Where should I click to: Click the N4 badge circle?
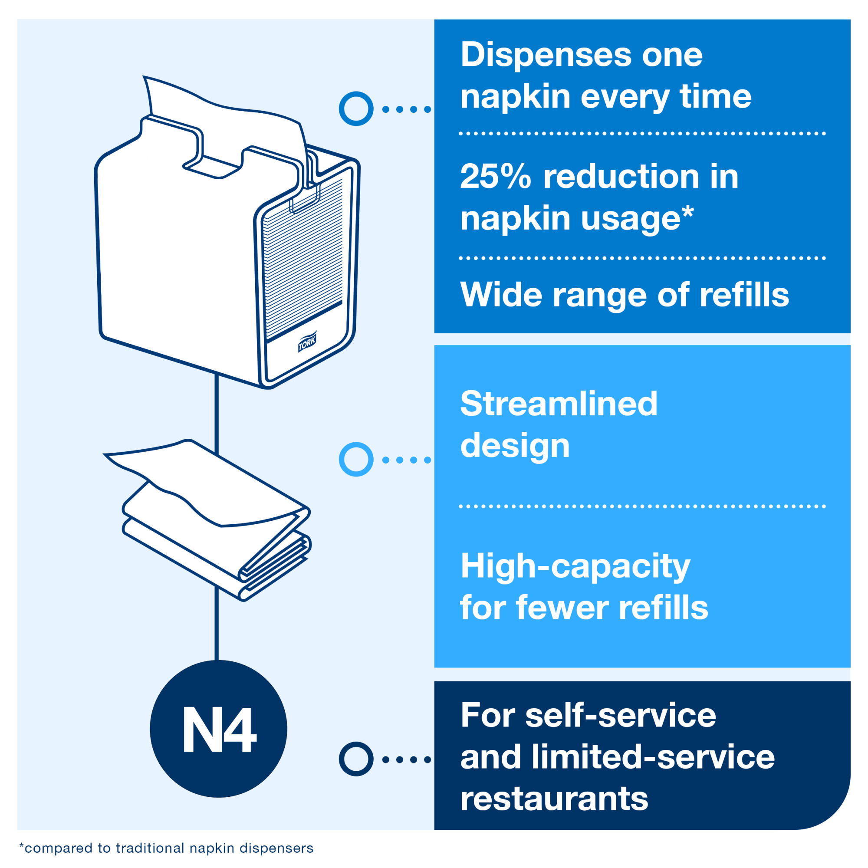point(218,728)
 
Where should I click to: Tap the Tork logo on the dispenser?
point(307,343)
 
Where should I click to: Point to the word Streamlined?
point(559,403)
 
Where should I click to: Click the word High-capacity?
point(575,567)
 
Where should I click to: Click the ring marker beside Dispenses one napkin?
point(356,109)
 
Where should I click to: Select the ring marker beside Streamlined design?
point(356,459)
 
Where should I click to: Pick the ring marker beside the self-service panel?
point(356,759)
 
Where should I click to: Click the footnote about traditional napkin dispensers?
point(166,848)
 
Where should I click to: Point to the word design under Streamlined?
point(515,446)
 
